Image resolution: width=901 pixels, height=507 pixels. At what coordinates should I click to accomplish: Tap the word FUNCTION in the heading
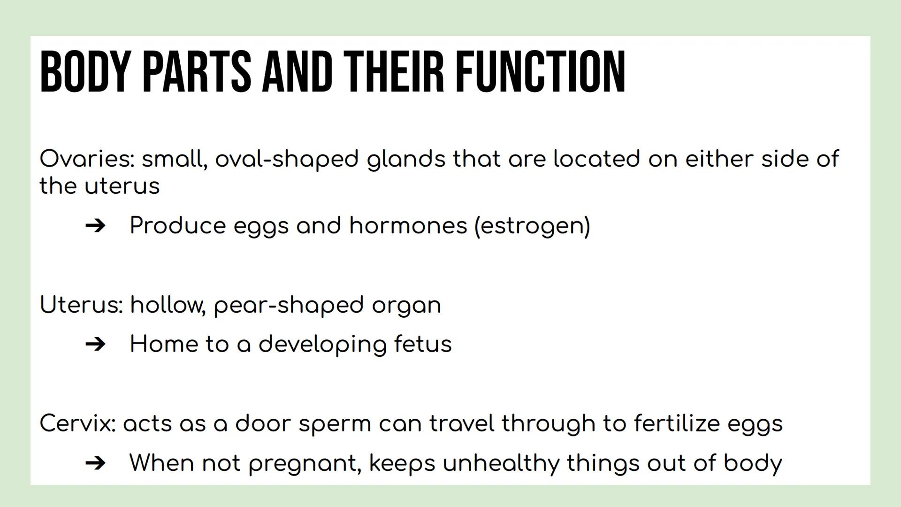point(541,72)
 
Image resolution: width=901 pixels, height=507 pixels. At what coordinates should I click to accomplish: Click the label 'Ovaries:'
point(87,159)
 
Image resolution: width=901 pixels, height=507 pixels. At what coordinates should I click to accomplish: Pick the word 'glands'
point(406,159)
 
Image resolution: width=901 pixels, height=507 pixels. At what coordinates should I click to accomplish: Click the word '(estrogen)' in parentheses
point(532,226)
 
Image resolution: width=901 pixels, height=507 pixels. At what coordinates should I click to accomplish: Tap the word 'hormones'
point(408,225)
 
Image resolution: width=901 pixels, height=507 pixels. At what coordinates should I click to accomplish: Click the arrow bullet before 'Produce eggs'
point(96,226)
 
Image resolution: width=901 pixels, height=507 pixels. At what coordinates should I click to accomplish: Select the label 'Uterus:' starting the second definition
point(81,305)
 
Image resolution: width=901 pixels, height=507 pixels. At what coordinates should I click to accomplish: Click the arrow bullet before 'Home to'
point(96,345)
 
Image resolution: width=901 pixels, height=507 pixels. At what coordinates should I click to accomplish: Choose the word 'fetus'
point(423,344)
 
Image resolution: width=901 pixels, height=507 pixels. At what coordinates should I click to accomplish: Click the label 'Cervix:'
point(77,423)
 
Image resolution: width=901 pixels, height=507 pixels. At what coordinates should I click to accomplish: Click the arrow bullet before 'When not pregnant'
point(96,463)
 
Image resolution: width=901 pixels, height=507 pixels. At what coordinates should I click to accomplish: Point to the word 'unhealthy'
point(501,463)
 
